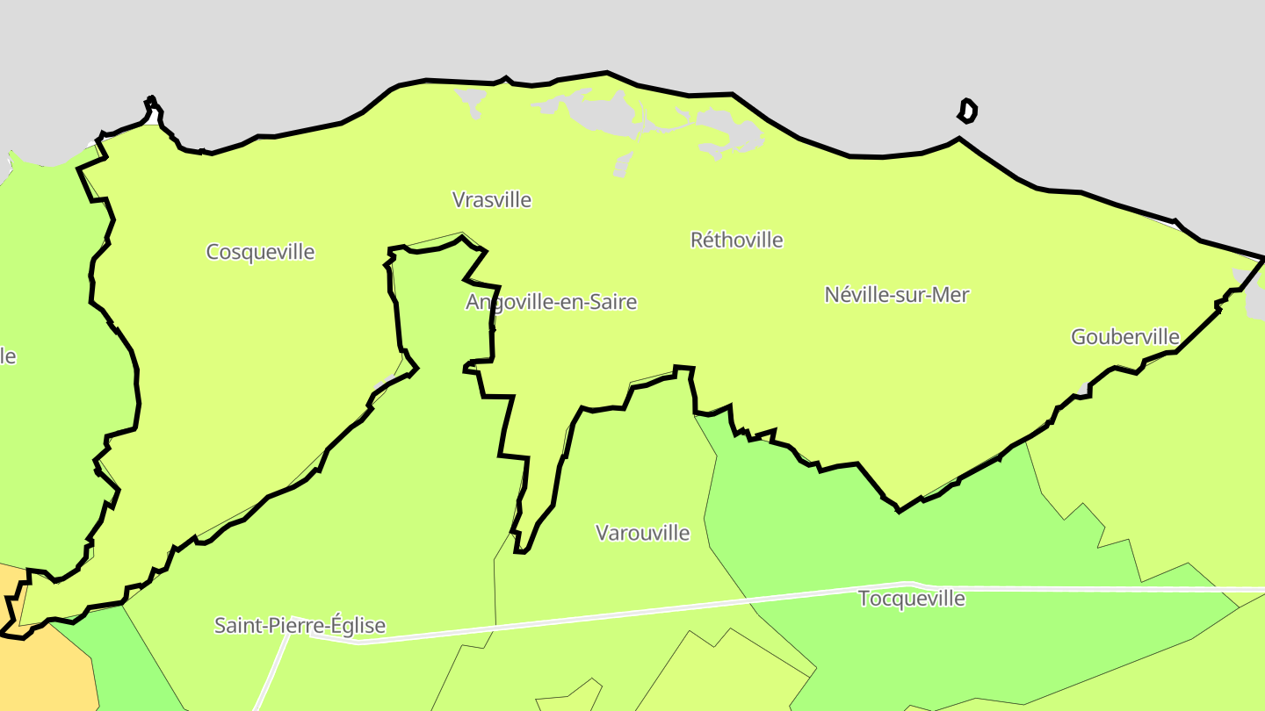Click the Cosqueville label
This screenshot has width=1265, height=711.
260,252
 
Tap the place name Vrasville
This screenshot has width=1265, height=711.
492,200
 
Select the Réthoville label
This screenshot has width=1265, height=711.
736,240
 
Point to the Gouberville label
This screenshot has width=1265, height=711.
1124,336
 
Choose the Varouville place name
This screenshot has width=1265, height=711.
642,533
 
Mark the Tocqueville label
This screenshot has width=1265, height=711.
911,599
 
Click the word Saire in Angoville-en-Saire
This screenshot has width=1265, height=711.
613,302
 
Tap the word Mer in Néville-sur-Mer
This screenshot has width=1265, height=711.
951,295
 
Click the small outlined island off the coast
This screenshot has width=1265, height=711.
967,111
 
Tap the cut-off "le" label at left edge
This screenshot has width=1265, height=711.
7,356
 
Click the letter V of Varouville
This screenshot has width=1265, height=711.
602,533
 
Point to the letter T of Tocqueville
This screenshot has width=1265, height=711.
864,599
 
